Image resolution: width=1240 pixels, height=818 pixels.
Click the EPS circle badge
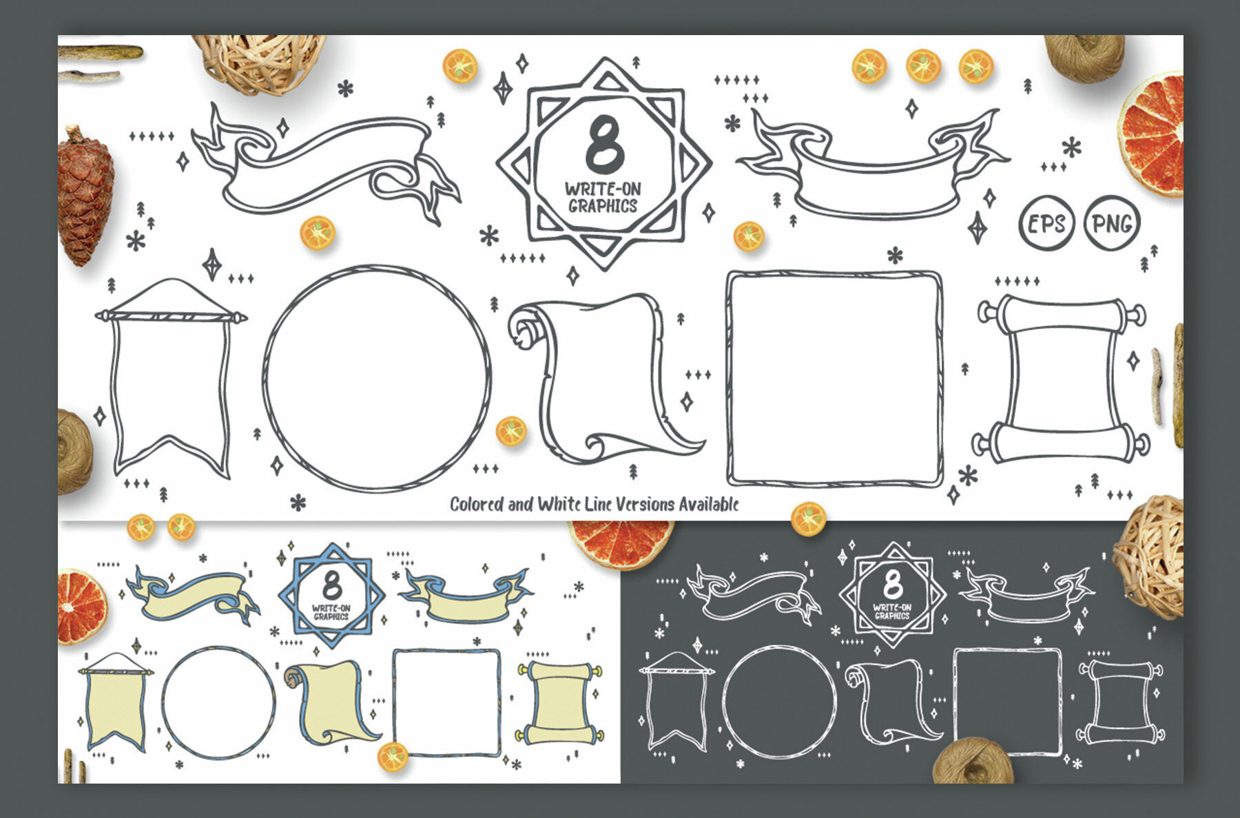click(x=1046, y=224)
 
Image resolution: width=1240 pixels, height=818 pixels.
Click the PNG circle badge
click(x=1112, y=223)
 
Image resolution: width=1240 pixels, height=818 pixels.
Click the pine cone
click(x=85, y=196)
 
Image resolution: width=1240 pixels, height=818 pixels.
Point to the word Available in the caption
click(x=709, y=504)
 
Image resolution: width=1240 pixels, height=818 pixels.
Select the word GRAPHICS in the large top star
click(x=603, y=205)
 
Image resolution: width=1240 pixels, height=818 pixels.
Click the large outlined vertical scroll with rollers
click(x=1062, y=379)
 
